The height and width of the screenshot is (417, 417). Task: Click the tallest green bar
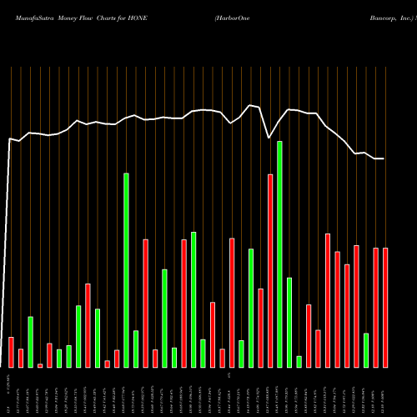(279, 254)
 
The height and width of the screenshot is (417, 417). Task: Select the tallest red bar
(270, 271)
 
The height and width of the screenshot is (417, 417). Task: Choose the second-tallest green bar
(126, 270)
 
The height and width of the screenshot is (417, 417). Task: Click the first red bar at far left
(11, 352)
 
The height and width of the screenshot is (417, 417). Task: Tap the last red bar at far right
(385, 308)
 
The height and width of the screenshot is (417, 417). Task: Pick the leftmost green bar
(30, 342)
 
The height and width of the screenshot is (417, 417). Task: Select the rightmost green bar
(366, 350)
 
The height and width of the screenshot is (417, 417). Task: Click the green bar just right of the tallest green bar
(289, 322)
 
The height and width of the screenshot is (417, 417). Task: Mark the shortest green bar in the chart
(299, 362)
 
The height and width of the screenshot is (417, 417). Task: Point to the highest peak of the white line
(250, 105)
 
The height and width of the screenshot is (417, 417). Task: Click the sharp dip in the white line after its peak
(269, 138)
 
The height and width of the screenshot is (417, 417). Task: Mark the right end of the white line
(384, 158)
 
